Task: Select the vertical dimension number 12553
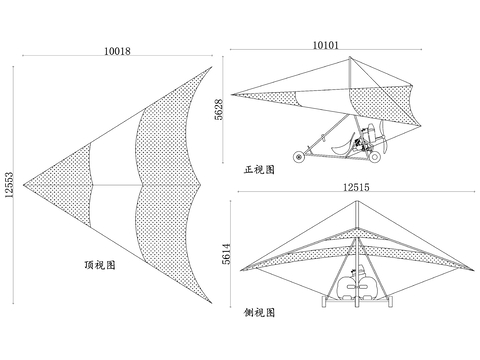[x=10, y=183]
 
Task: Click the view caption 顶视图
[x=101, y=265]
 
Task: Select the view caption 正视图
[x=259, y=170]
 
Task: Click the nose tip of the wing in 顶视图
[x=22, y=185]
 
